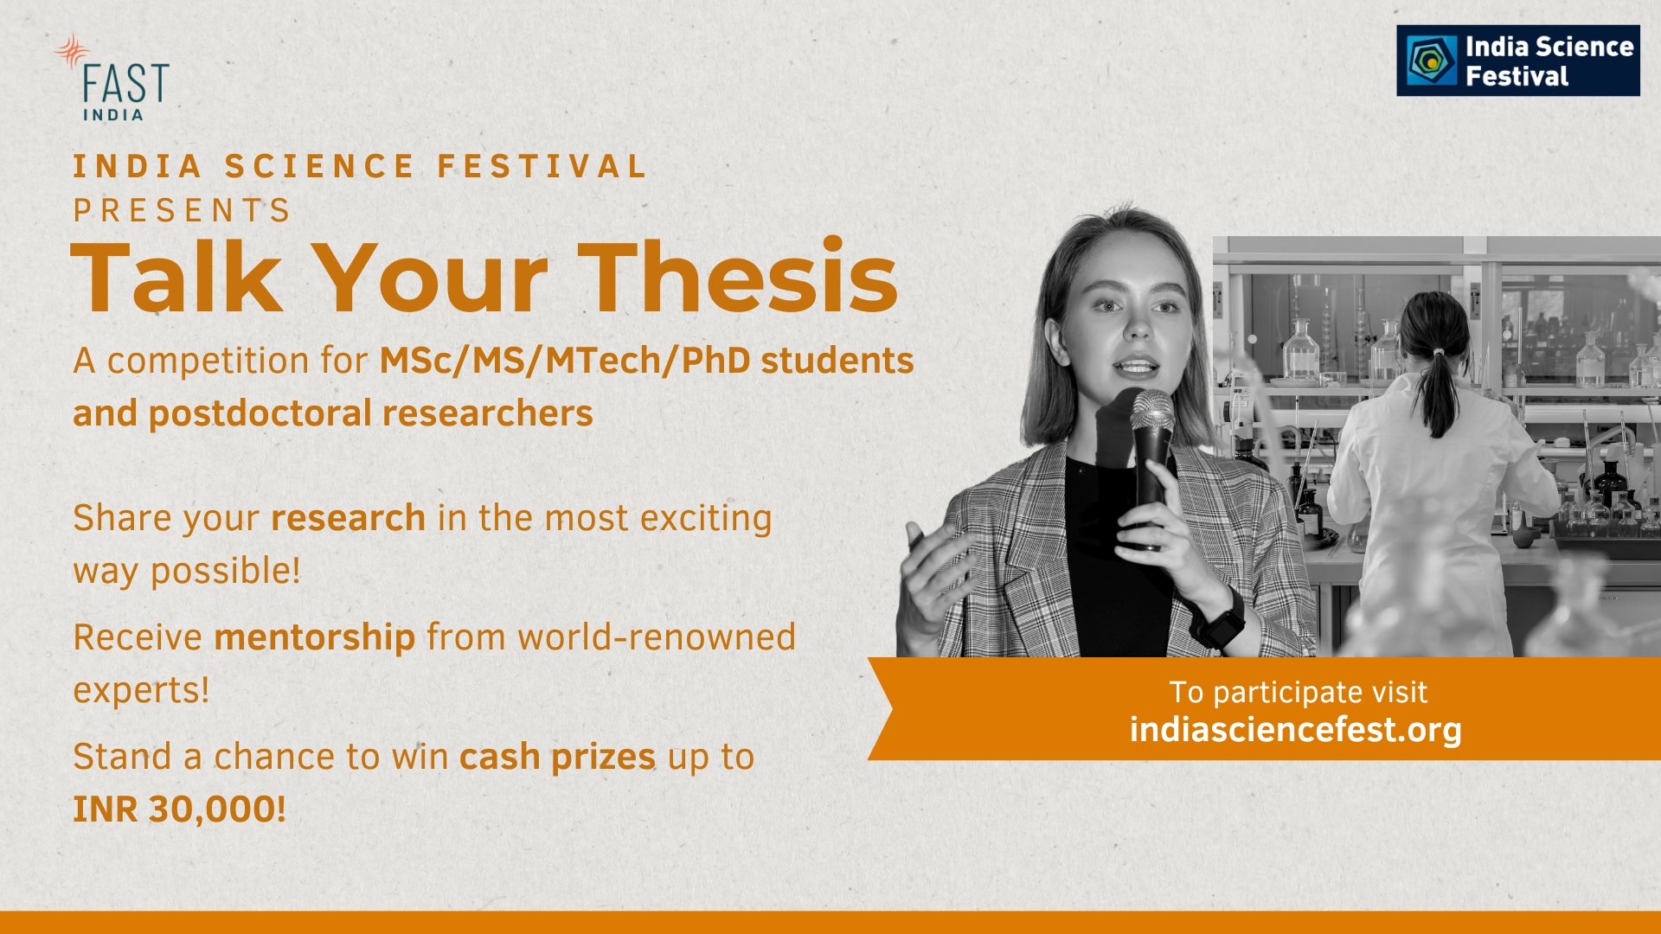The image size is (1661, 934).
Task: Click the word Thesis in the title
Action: tap(738, 276)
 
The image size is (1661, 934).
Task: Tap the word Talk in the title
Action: tap(176, 276)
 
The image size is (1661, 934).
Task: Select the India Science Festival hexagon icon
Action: tap(1432, 60)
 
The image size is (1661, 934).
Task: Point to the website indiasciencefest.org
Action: tap(1295, 730)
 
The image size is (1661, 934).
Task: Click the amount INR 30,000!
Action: tap(179, 809)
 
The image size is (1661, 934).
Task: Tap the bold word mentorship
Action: tap(315, 638)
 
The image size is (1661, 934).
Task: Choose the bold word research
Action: tap(348, 518)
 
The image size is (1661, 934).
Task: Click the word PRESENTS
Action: tap(182, 210)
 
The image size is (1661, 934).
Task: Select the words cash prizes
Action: tap(557, 757)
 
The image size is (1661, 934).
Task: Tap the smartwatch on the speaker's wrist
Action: tap(1220, 619)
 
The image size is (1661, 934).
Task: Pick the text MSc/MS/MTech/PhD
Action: tap(565, 361)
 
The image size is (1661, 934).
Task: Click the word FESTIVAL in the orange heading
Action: tap(542, 166)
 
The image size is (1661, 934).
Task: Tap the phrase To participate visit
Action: tap(1298, 693)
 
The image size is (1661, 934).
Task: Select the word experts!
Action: tap(141, 690)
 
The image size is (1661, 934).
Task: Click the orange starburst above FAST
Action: tap(73, 51)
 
